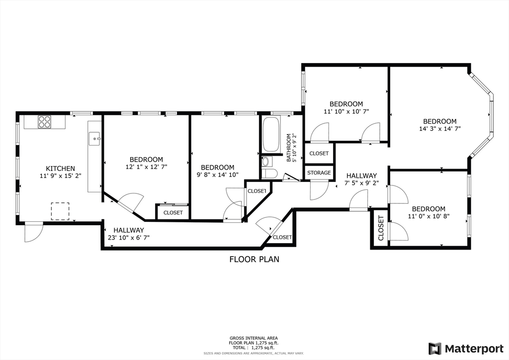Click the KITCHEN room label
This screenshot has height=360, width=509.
[x=60, y=169]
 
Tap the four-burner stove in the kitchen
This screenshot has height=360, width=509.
[x=44, y=122]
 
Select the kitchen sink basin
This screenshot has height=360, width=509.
[x=95, y=139]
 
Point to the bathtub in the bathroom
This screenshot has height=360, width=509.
[x=271, y=134]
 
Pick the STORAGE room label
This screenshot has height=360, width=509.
[x=319, y=173]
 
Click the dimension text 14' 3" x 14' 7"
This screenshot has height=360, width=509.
[x=440, y=129]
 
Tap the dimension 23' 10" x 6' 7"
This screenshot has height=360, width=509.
[x=129, y=237]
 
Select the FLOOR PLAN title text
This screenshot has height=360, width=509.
[x=254, y=259]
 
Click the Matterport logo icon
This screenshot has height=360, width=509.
[x=435, y=349]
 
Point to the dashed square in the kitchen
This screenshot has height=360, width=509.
[x=60, y=211]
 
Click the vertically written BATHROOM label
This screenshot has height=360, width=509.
[x=289, y=148]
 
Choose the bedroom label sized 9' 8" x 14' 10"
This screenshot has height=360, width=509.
[x=218, y=168]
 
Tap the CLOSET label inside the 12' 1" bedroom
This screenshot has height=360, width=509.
[x=173, y=213]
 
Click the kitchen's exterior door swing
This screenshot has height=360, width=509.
[x=34, y=232]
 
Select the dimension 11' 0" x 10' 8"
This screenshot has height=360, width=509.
[x=428, y=216]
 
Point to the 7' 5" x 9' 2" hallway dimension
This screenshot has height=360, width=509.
[x=361, y=183]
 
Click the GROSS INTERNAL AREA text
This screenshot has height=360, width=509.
[x=254, y=338]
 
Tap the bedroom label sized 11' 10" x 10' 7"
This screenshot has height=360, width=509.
[x=346, y=104]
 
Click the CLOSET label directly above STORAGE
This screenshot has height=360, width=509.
[x=319, y=153]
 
